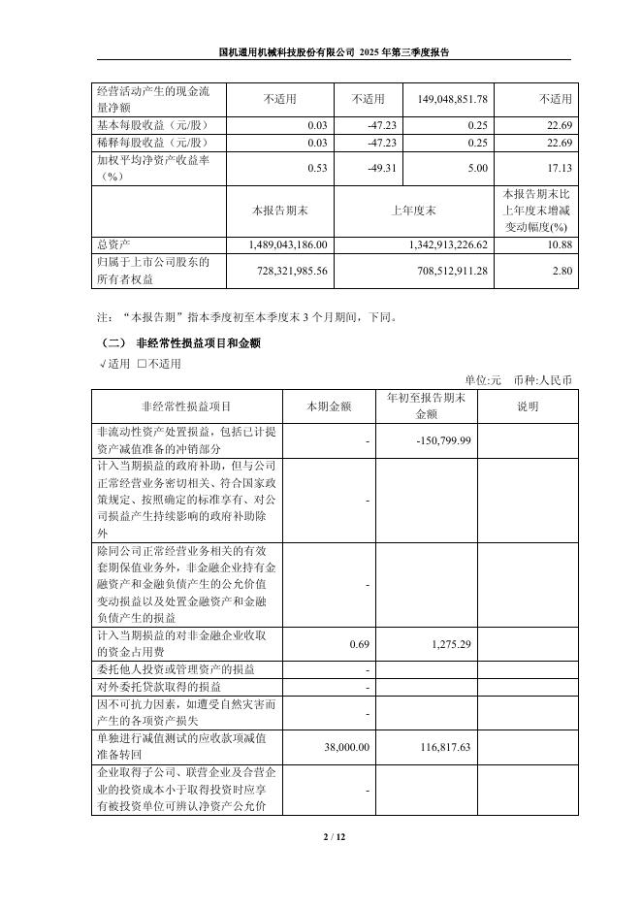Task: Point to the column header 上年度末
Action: pyautogui.click(x=413, y=210)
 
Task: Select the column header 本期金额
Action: pyautogui.click(x=329, y=406)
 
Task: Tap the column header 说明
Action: pyautogui.click(x=527, y=406)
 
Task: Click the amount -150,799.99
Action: pyautogui.click(x=441, y=441)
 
